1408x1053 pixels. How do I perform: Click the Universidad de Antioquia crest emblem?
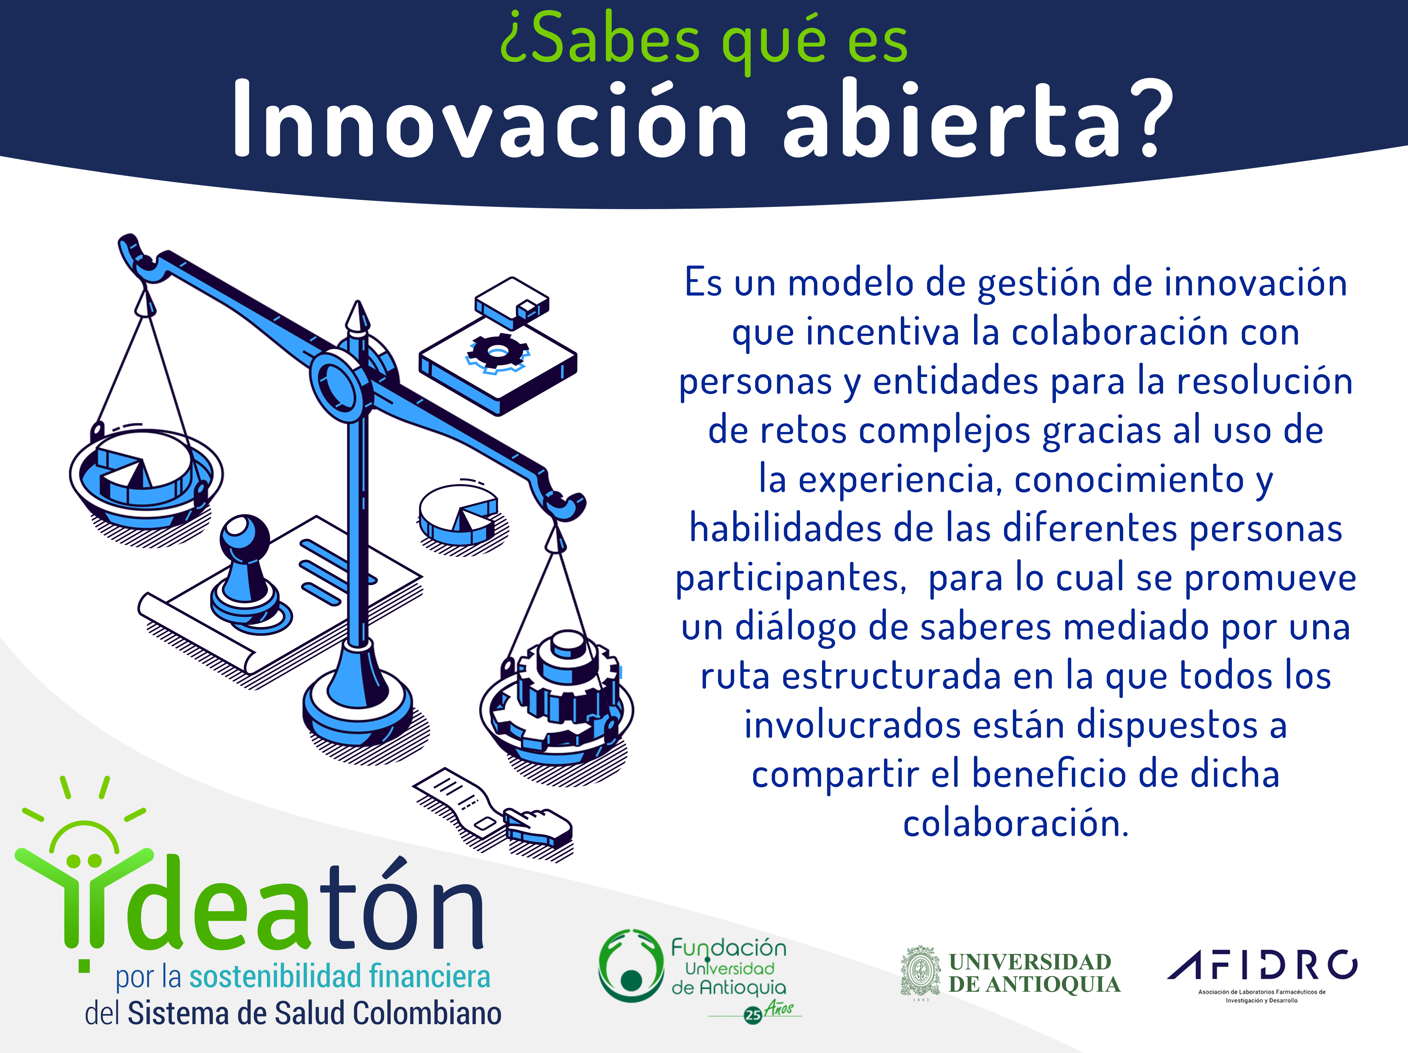point(920,971)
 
